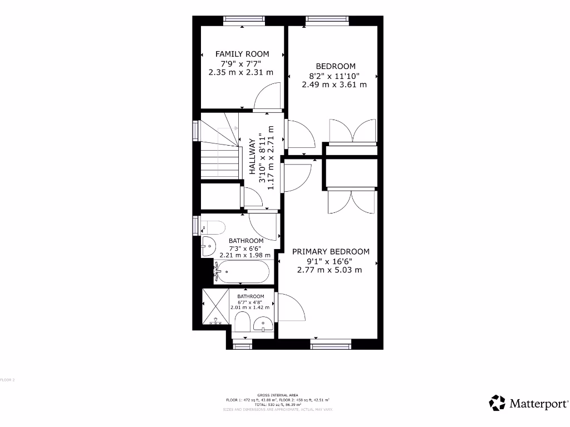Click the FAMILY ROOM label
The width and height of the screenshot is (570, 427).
click(242, 54)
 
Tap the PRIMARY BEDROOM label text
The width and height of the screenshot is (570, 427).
click(331, 251)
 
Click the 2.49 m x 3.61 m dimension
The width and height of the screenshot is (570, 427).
click(334, 85)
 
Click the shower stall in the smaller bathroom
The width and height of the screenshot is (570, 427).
click(215, 306)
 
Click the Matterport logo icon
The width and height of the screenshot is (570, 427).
click(497, 403)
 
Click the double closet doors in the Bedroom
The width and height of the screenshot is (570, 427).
click(352, 131)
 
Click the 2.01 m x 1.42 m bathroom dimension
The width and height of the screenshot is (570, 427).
click(250, 307)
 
